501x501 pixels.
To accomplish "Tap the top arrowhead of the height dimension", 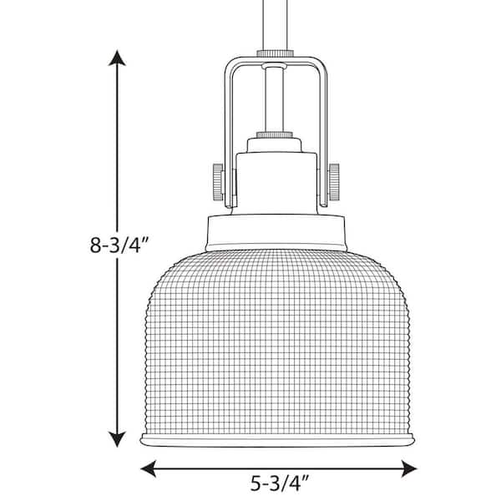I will coord(119,58).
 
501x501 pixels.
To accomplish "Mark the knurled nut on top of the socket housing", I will coord(275,134).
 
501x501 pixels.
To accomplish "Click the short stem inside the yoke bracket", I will coord(275,96).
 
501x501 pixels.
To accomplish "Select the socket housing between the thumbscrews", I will coord(275,180).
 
